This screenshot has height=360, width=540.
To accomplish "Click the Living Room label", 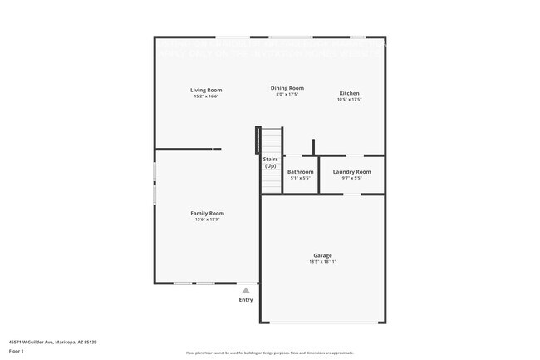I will (206, 90).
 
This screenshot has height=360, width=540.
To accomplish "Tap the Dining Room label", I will (287, 88).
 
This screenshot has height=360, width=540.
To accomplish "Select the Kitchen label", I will (349, 93).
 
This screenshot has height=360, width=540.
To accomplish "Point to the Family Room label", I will (208, 213).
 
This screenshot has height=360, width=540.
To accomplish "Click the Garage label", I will (322, 255).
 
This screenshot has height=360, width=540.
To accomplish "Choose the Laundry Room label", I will (351, 172).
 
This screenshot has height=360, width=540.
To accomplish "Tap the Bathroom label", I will (301, 172).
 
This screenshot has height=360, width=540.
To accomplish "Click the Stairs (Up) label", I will (270, 162).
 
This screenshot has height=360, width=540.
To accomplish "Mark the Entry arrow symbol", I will (246, 291).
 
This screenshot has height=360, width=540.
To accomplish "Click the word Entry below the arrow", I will (246, 300).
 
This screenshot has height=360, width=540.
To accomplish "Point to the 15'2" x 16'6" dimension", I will (206, 96).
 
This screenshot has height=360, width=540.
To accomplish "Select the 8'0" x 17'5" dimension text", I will (287, 95).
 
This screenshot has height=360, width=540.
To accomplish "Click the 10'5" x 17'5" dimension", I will (349, 100).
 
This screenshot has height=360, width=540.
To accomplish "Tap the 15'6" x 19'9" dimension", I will (208, 219).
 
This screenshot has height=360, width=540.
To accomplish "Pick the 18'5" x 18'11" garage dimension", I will (322, 262).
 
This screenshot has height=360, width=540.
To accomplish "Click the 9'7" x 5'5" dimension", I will (351, 178).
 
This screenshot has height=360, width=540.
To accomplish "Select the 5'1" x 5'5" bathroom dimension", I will (301, 178).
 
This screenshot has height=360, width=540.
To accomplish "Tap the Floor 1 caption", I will (17, 351).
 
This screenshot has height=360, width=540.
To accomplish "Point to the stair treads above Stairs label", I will (271, 139).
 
